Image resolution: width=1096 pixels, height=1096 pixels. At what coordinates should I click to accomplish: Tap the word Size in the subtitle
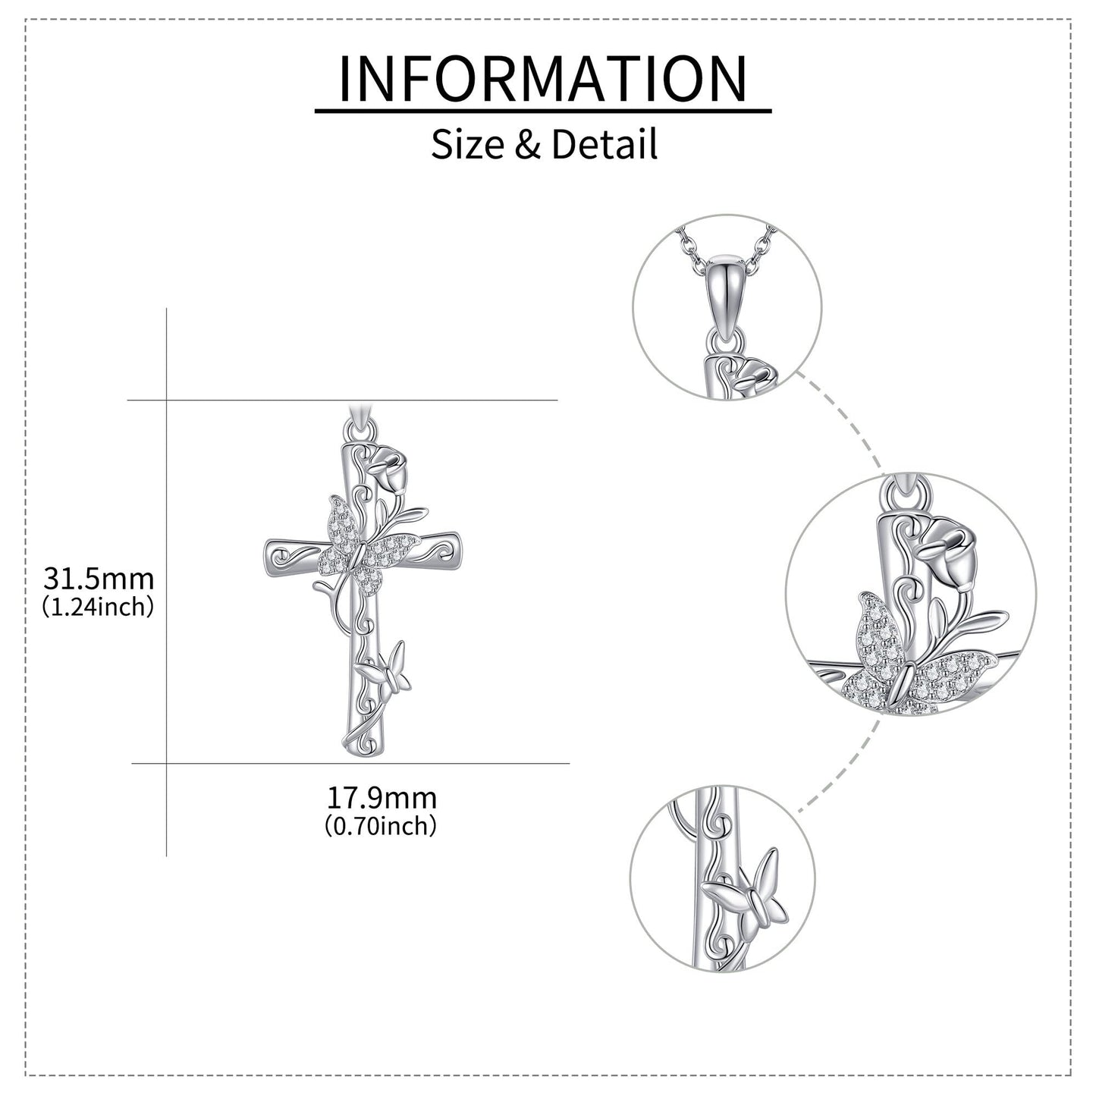tap(467, 144)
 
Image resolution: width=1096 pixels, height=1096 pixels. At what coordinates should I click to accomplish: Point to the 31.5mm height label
tap(99, 579)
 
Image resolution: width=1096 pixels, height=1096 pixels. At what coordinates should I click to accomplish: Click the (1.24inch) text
tap(98, 607)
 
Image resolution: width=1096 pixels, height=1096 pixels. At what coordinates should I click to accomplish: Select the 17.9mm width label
tap(381, 798)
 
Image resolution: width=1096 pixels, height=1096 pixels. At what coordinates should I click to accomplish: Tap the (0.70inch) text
tap(381, 825)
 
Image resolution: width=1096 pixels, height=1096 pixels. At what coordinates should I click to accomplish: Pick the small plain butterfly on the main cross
tap(384, 673)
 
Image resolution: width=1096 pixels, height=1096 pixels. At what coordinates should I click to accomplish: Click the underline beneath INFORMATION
tap(543, 110)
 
